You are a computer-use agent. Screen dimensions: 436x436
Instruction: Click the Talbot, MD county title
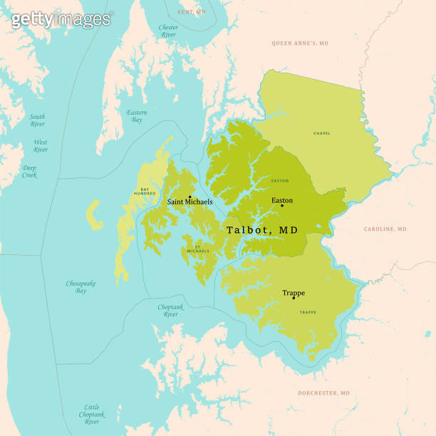click(x=262, y=230)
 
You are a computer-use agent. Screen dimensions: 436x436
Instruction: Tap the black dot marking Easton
click(x=282, y=206)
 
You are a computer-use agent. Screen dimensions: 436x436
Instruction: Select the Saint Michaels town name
click(x=190, y=202)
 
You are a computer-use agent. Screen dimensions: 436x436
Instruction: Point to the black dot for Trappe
click(x=294, y=298)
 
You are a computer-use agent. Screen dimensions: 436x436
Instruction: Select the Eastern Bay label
click(x=137, y=116)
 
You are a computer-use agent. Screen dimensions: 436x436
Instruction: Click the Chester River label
click(x=169, y=31)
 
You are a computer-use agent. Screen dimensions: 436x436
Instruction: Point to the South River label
click(x=37, y=120)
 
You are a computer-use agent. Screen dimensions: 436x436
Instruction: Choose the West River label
click(x=41, y=146)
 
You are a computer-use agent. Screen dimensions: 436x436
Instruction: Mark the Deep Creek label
click(x=29, y=172)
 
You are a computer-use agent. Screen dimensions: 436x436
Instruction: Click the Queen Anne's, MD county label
click(x=300, y=43)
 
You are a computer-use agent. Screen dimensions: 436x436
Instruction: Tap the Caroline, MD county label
click(x=385, y=229)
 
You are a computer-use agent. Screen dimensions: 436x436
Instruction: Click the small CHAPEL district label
click(x=322, y=133)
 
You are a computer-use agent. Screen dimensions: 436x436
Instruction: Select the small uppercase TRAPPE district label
click(x=308, y=312)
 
